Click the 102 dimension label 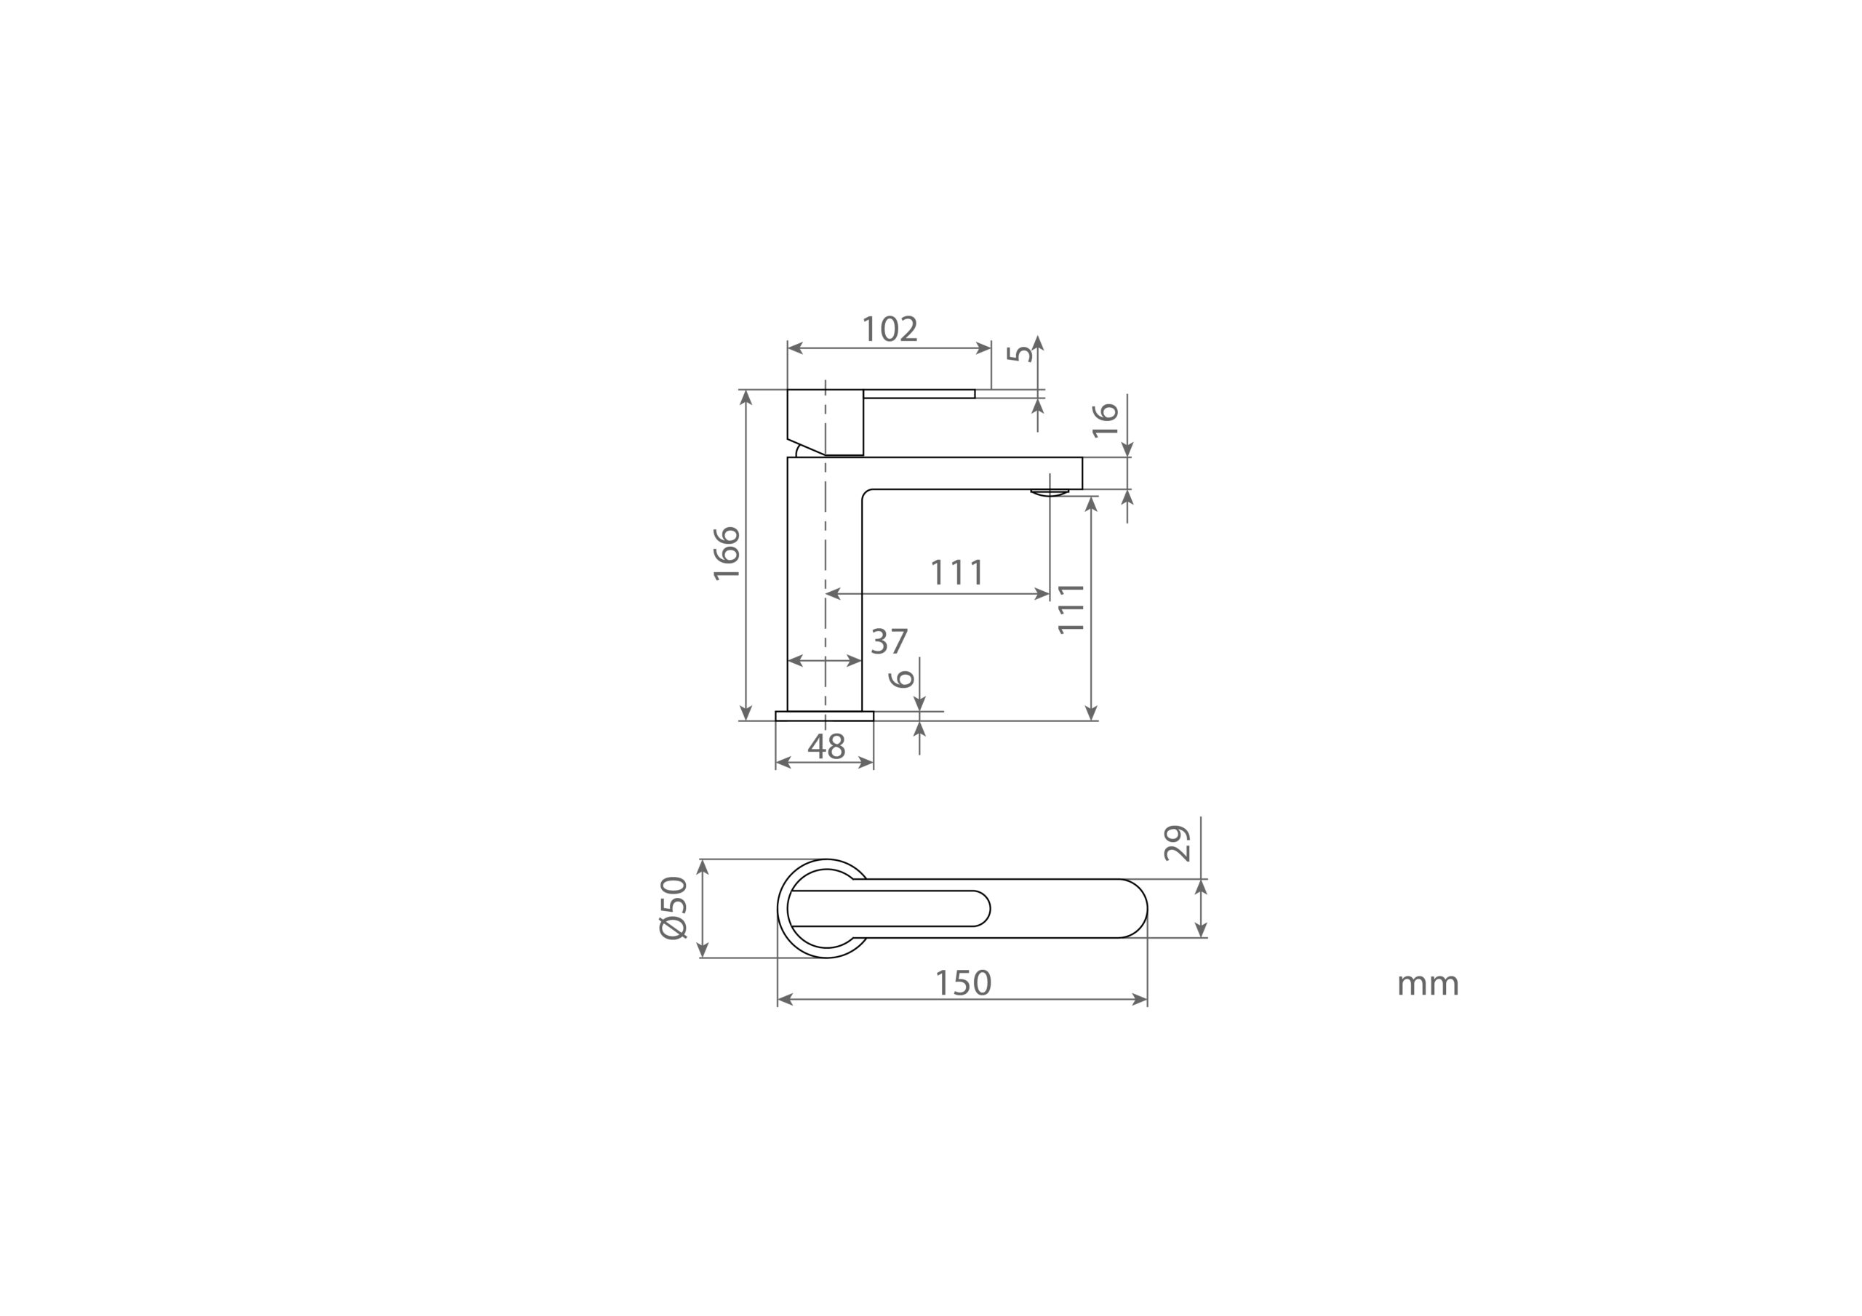point(890,329)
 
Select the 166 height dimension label point(727,554)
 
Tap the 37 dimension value point(889,641)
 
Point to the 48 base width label point(826,746)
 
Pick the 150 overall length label point(964,983)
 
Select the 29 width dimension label point(1177,843)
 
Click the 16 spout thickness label point(1106,420)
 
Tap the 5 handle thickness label point(1020,354)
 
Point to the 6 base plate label point(901,678)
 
